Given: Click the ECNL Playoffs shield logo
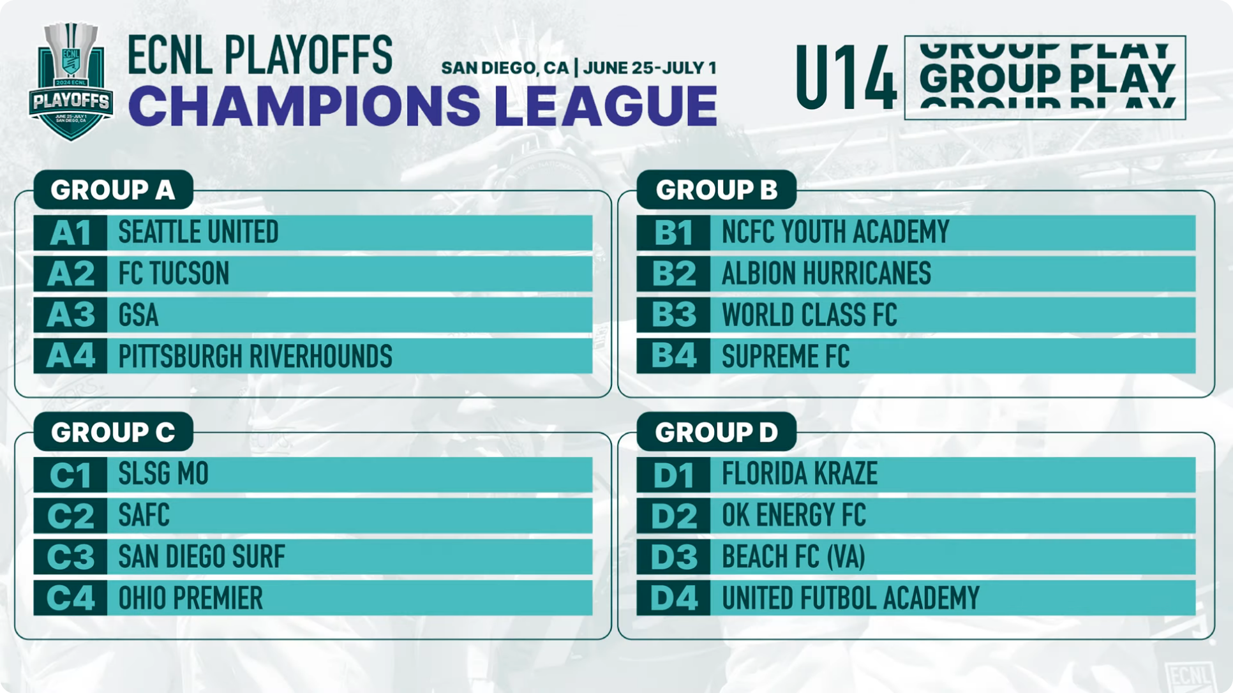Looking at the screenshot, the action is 71,81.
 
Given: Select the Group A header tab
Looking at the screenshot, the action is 113,190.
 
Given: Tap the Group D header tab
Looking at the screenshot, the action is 716,432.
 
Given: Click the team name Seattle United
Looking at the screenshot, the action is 198,232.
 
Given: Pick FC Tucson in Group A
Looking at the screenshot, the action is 174,274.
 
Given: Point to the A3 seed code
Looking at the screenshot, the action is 71,315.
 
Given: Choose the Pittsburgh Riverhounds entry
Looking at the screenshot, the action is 255,356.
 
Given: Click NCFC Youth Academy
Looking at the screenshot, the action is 835,232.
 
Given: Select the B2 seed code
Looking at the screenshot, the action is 674,274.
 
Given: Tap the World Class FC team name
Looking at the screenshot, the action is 809,315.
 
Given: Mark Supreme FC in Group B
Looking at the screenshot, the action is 786,356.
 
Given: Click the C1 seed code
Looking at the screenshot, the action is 70,475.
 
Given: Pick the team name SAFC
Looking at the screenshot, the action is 144,516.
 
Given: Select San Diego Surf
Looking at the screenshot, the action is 202,556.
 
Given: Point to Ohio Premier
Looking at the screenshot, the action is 191,598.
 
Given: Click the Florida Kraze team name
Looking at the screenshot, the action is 800,474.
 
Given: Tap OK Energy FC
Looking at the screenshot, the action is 794,516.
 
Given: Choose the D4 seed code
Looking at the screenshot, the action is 674,598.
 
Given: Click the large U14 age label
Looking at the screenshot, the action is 846,78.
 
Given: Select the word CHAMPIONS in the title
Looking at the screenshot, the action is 304,105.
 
